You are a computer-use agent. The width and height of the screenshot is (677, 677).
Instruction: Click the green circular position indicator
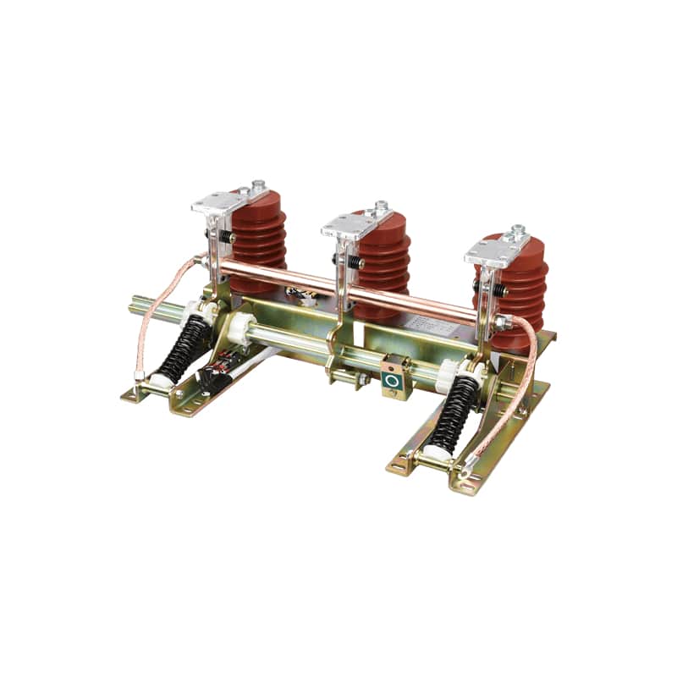(392, 381)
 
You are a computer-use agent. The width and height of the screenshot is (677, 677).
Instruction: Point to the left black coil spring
(184, 347)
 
